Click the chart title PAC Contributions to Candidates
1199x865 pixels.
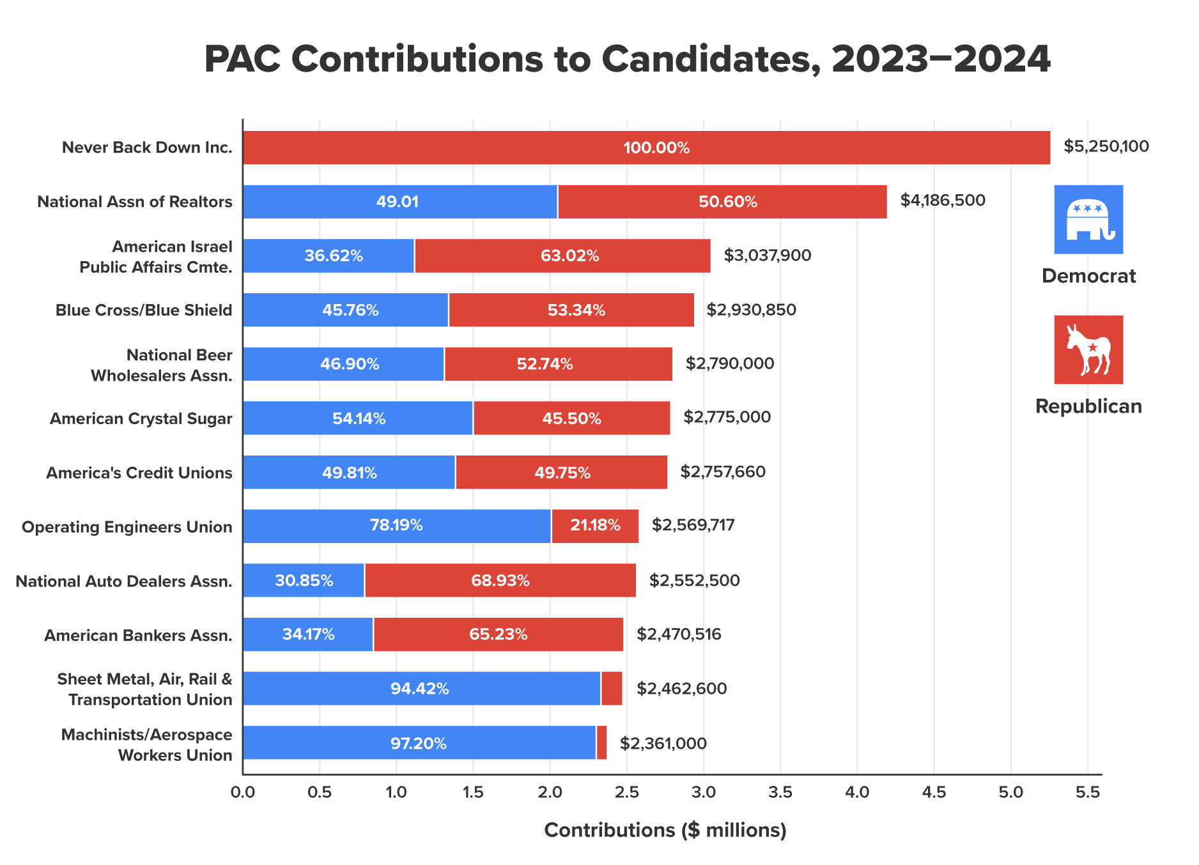tap(627, 59)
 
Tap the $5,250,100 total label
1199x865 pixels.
tap(1106, 147)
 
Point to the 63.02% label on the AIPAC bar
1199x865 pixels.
tap(569, 256)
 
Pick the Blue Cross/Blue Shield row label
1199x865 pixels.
tap(144, 310)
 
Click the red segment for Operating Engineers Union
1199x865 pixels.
tap(595, 526)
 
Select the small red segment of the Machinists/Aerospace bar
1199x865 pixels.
tap(601, 742)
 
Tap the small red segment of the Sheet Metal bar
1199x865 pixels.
tap(612, 689)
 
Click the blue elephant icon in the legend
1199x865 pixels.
tap(1088, 219)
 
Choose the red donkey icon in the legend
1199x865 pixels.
tap(1088, 349)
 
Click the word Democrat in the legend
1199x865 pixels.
tap(1088, 276)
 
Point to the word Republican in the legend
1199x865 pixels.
tap(1088, 406)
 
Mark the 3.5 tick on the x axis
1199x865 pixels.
tap(780, 793)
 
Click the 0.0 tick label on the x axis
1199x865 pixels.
tap(243, 793)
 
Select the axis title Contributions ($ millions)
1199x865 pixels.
tap(665, 830)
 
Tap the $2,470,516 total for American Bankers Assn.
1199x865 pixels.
tap(679, 634)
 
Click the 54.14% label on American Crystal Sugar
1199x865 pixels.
tap(359, 419)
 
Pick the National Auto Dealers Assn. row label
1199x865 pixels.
tap(124, 581)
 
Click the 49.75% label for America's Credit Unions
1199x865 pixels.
tap(562, 473)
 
